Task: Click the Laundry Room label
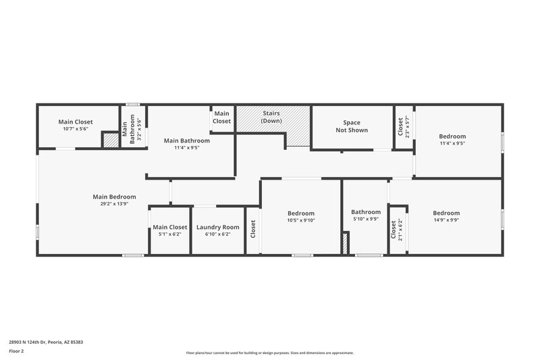[x=218, y=227]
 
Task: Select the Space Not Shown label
[x=352, y=126]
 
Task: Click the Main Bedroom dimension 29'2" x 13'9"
[x=110, y=203]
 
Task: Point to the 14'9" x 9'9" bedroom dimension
[x=446, y=220]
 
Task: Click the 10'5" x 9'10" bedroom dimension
[x=301, y=220]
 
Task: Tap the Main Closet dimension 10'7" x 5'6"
[x=75, y=129]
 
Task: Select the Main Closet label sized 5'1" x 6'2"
[x=169, y=227]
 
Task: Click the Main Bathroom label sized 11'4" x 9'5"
[x=186, y=140]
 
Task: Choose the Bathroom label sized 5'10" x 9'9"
[x=366, y=211]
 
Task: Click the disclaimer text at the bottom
[x=269, y=353]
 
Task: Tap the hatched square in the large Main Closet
[x=109, y=140]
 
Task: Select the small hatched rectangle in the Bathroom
[x=346, y=244]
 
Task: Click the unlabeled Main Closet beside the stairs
[x=222, y=117]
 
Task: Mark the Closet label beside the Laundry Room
[x=252, y=230]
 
